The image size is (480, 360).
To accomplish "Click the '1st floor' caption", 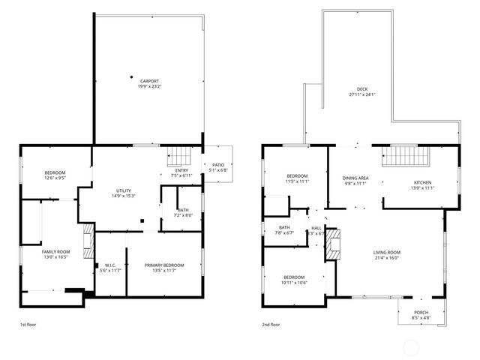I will (28, 325).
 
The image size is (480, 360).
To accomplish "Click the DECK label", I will (362, 89).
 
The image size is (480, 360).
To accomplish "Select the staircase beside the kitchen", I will (404, 157).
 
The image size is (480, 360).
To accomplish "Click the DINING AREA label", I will (354, 178).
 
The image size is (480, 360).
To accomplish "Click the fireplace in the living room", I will (331, 245).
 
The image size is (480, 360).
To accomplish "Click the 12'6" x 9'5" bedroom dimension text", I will (55, 178).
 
